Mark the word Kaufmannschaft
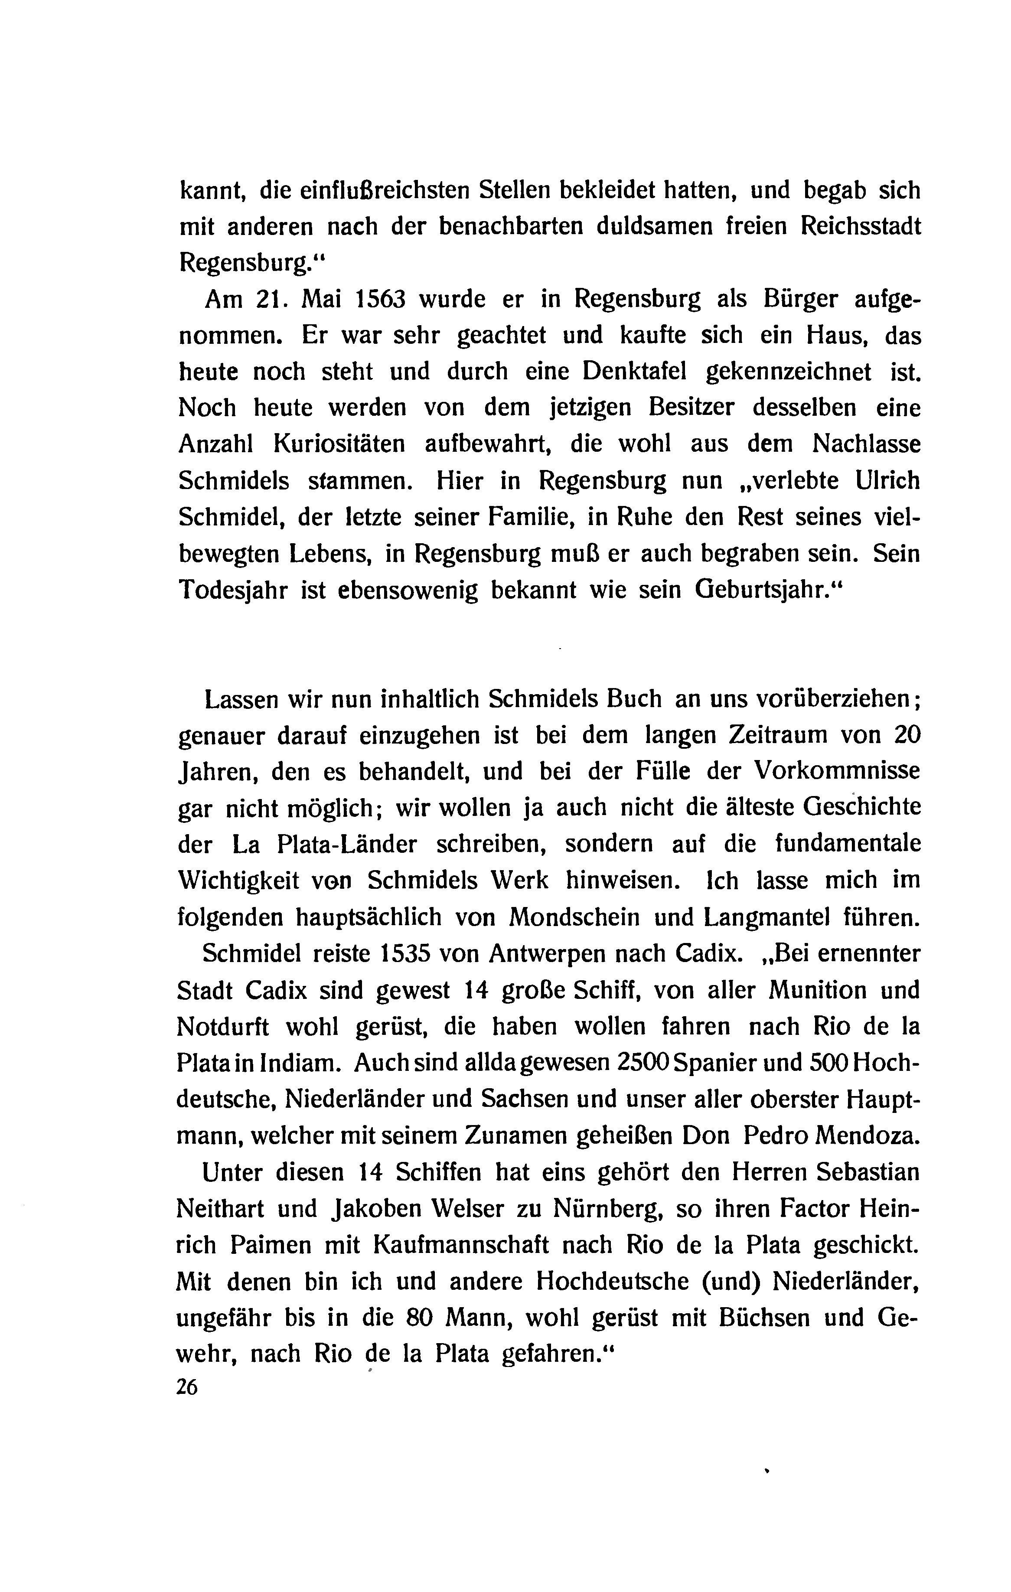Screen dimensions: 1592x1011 click(461, 1245)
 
